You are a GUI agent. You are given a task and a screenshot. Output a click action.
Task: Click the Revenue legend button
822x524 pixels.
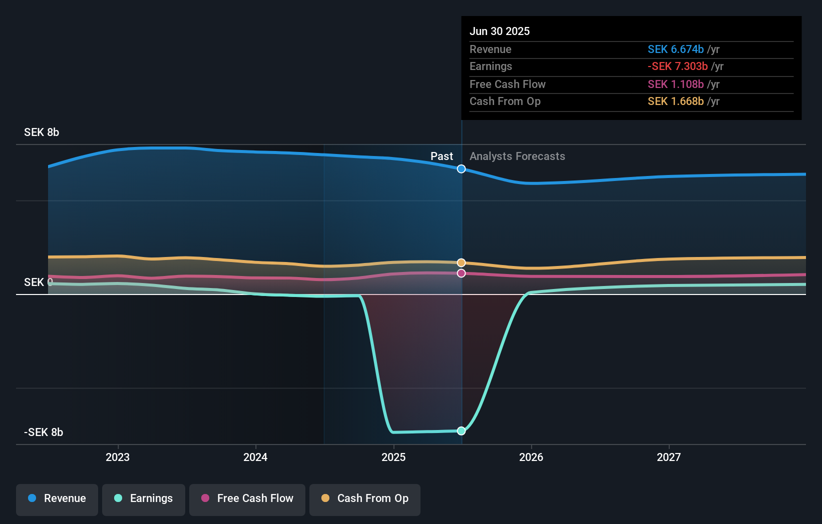[57, 498]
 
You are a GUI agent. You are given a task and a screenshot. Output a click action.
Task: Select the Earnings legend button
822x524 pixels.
[144, 498]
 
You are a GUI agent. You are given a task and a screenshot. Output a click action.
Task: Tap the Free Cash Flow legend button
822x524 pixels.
[247, 498]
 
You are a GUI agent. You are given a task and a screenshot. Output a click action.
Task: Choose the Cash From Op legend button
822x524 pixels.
[365, 498]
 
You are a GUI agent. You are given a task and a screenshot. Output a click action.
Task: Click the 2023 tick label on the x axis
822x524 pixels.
[118, 457]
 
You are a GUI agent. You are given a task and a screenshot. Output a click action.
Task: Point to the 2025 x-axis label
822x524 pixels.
[393, 457]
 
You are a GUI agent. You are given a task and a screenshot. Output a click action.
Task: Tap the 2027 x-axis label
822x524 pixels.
[669, 457]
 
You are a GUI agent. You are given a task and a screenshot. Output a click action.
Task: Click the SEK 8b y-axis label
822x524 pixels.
[42, 132]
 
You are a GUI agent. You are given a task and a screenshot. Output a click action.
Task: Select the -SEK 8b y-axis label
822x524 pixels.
[44, 432]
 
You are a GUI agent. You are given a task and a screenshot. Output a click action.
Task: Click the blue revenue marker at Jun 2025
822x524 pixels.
[461, 169]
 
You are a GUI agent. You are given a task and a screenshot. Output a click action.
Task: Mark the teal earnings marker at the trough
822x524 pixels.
[461, 431]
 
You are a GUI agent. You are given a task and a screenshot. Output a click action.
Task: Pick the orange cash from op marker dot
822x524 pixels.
[461, 263]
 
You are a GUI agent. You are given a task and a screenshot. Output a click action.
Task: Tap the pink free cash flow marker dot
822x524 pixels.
[461, 273]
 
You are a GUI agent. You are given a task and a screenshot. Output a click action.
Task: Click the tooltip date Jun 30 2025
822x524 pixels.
[499, 31]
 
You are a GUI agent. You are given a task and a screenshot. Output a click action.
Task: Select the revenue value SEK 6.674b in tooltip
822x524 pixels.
[675, 49]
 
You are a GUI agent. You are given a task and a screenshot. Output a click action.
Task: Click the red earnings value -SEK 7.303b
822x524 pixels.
[677, 66]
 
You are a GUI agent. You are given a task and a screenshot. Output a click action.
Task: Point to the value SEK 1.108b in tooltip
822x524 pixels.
[675, 84]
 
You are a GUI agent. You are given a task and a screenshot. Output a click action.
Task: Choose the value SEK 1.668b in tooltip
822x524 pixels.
[675, 101]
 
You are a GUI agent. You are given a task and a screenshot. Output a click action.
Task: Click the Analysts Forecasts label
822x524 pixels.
[517, 156]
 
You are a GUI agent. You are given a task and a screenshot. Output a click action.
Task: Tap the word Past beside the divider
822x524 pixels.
[442, 156]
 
